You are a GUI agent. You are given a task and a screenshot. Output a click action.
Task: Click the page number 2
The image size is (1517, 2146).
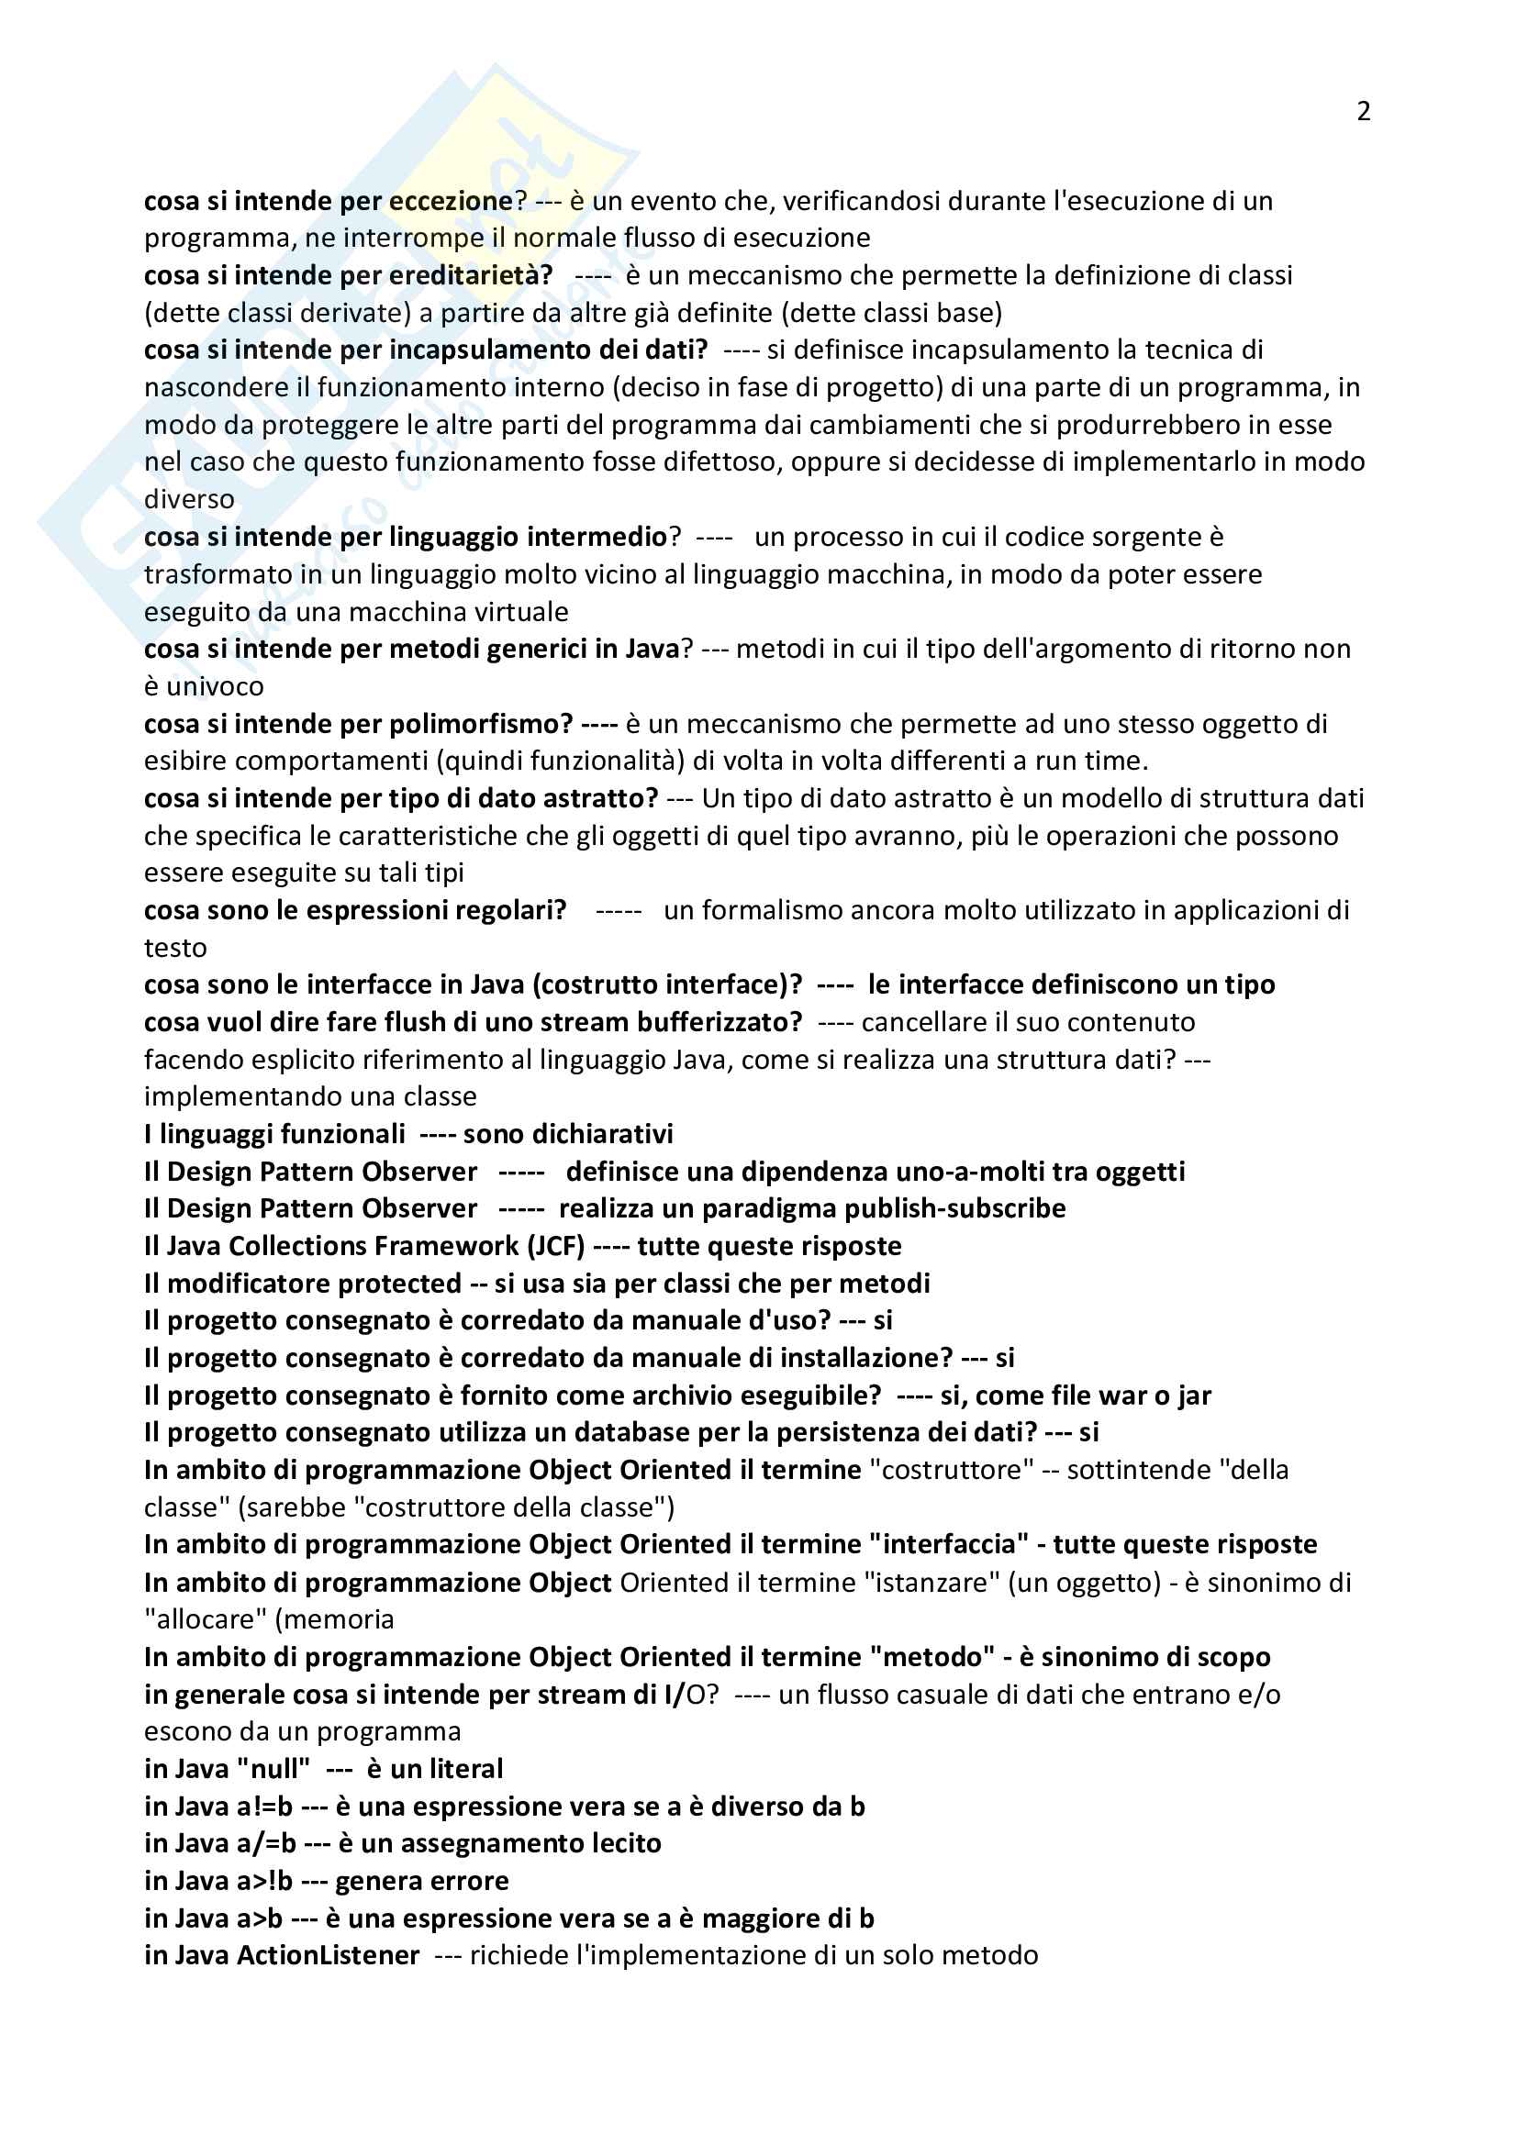click(x=1363, y=111)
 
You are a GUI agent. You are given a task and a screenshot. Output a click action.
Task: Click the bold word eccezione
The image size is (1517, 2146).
click(x=451, y=201)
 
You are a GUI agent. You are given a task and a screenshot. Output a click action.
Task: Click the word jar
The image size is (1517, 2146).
click(x=1194, y=1395)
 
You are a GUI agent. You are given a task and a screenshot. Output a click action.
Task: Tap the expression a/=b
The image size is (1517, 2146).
click(x=266, y=1843)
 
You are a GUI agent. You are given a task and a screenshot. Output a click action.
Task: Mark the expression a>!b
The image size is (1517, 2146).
click(x=264, y=1881)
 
